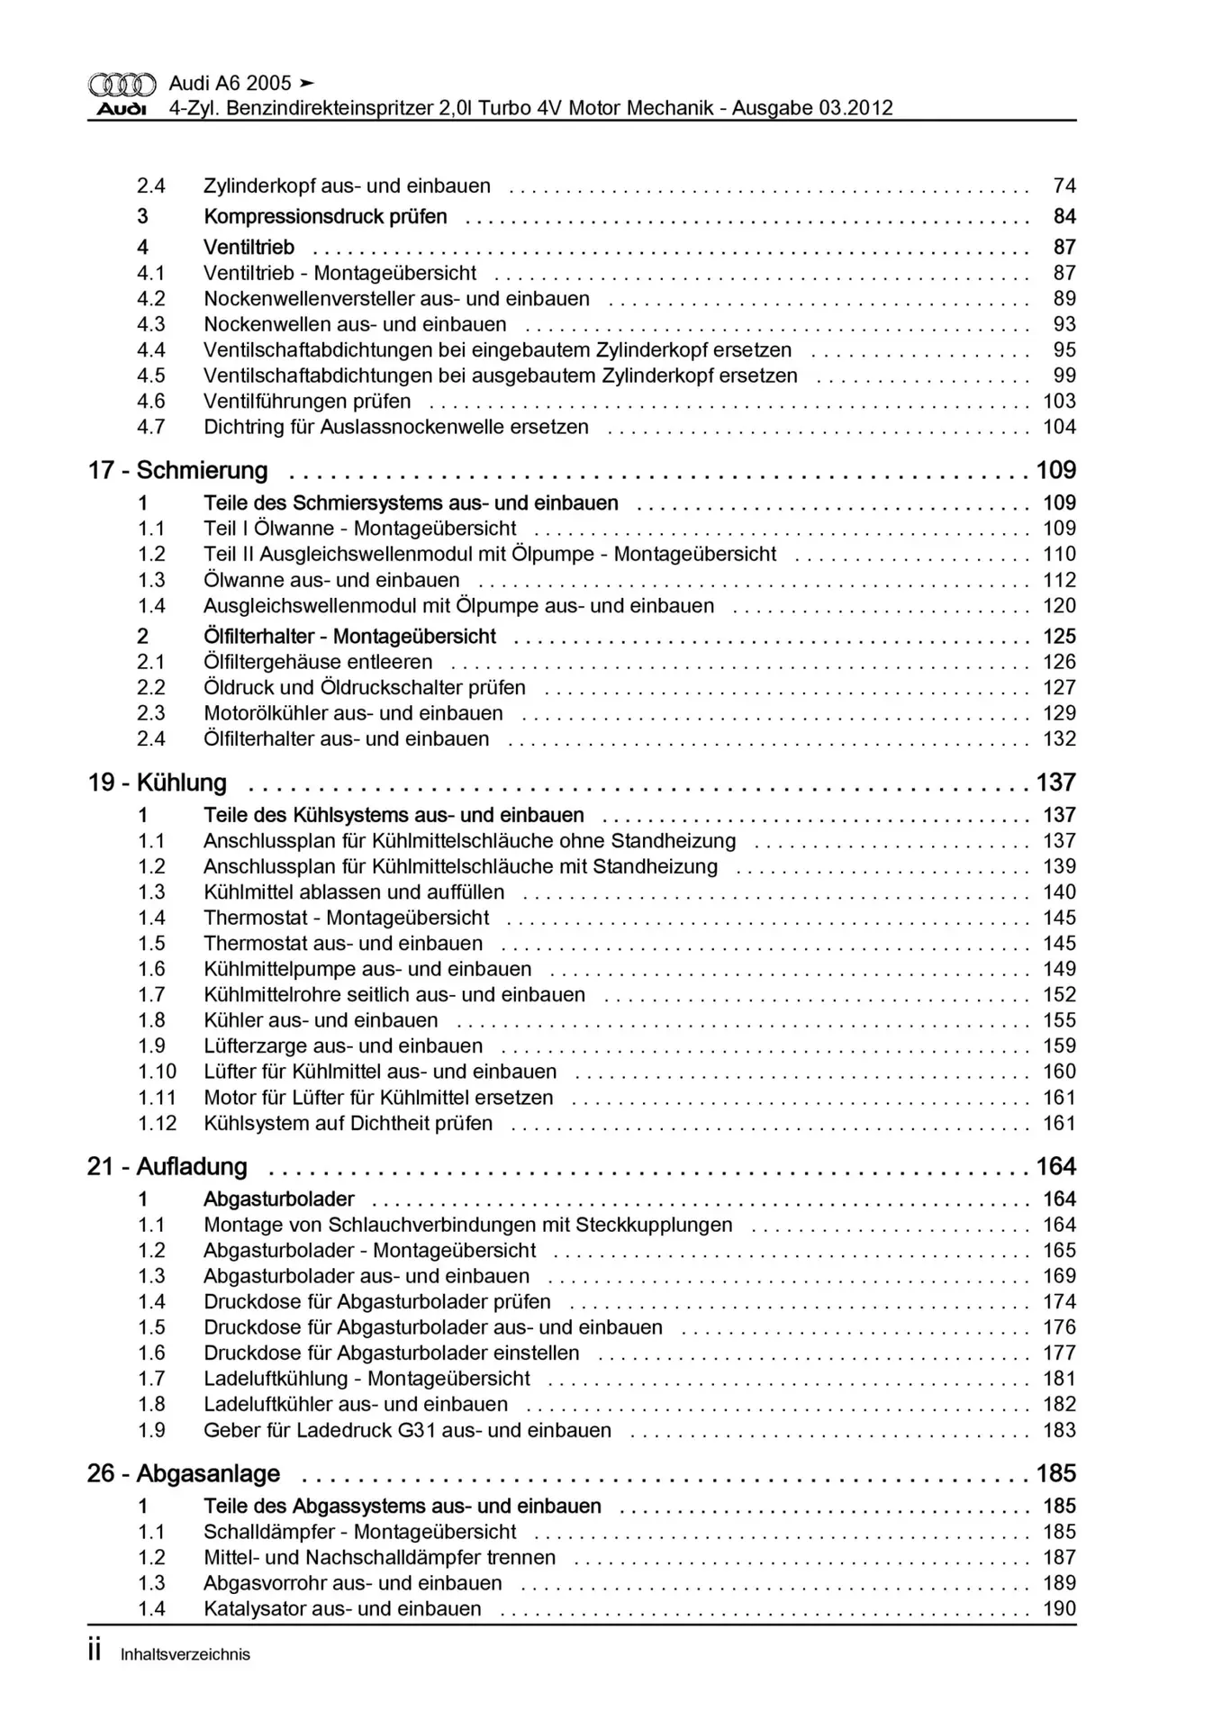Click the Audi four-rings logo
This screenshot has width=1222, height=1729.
[x=122, y=85]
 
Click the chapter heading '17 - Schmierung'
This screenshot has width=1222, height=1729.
[x=177, y=470]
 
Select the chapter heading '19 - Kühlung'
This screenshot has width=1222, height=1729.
[x=157, y=783]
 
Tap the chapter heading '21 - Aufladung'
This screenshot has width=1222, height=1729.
[x=167, y=1167]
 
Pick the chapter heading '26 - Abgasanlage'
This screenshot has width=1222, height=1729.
[x=184, y=1474]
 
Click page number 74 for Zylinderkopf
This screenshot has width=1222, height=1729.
[x=1064, y=186]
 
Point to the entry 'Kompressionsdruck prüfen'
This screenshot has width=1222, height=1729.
[x=325, y=217]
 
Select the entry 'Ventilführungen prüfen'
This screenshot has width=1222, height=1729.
[x=307, y=402]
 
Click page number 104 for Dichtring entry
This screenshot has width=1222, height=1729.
[x=1059, y=428]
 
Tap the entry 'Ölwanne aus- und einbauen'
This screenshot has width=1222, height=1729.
[x=331, y=581]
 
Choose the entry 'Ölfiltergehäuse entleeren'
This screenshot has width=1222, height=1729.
[x=318, y=663]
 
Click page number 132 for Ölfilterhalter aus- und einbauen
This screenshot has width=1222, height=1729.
[x=1059, y=739]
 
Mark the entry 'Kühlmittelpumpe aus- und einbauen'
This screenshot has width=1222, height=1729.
[x=367, y=970]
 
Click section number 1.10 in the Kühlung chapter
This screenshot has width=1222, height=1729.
[x=157, y=1073]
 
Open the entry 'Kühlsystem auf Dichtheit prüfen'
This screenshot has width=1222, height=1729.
[x=348, y=1124]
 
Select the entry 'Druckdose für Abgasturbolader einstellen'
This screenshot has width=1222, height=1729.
[x=391, y=1353]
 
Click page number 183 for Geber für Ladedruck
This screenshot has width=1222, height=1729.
[x=1059, y=1431]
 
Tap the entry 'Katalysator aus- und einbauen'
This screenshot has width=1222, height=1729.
[x=342, y=1609]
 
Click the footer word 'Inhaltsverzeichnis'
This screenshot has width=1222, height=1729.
[x=186, y=1654]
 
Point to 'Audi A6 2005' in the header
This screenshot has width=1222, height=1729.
[x=231, y=84]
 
